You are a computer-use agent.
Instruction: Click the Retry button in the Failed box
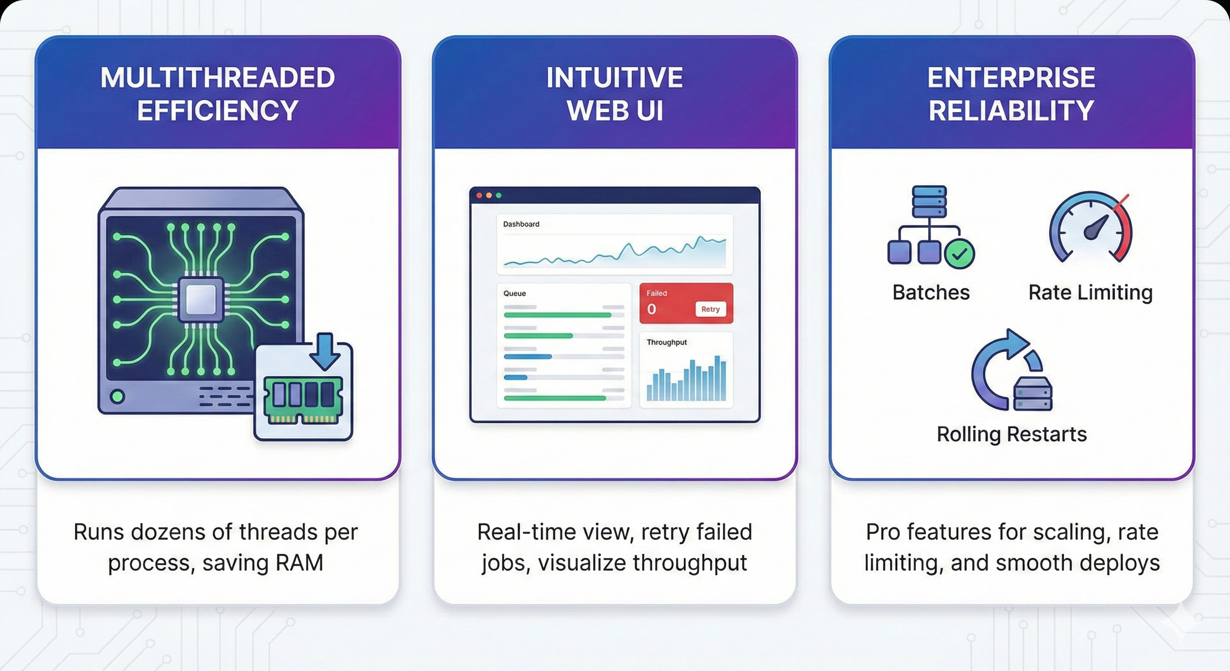[710, 309]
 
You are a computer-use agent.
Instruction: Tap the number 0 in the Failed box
[651, 309]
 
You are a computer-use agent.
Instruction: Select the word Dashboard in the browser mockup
[521, 224]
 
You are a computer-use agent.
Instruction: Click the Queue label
[514, 293]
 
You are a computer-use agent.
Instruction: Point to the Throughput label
[666, 342]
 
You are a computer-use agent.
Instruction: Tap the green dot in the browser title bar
[498, 195]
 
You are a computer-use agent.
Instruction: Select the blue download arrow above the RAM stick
[325, 351]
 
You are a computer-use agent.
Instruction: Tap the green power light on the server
[117, 396]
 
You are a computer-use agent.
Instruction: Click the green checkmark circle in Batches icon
[959, 254]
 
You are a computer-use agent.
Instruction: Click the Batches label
[931, 292]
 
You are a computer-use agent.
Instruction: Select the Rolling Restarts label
[1011, 434]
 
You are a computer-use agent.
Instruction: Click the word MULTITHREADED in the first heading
[218, 78]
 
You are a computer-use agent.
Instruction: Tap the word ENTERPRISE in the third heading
[1011, 78]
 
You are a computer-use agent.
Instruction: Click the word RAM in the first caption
[299, 563]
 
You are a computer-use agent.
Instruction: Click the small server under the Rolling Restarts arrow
[1032, 394]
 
